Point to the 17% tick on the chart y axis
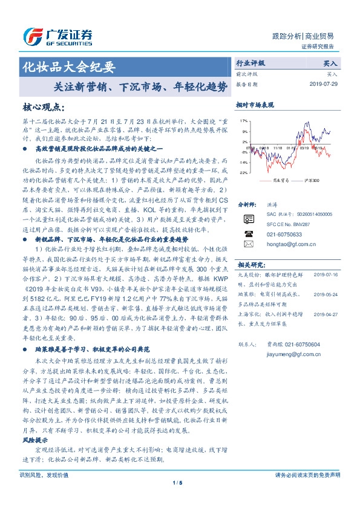(244, 121)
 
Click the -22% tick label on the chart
(243, 173)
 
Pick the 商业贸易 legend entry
(278, 180)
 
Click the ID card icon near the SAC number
(248, 219)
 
